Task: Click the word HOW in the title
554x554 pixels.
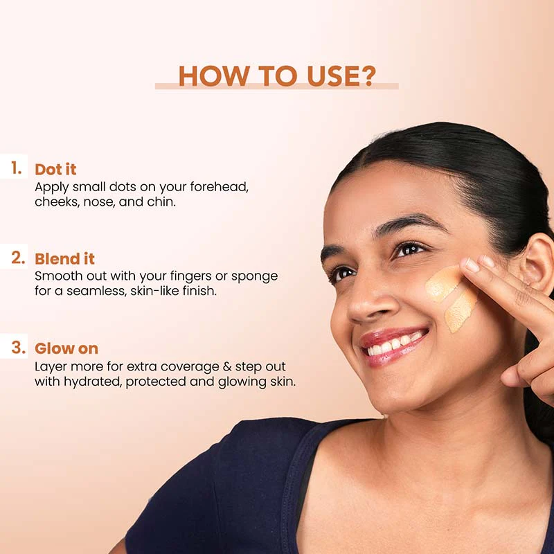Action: pos(213,76)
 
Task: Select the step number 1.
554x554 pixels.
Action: pos(16,168)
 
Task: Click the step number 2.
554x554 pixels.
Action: pos(18,258)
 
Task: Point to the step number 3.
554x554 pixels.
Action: pos(19,348)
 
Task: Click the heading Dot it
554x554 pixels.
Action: pos(55,169)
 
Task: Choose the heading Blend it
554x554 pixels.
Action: pos(64,259)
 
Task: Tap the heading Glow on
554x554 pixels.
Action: pos(66,349)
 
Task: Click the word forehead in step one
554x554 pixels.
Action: pos(219,186)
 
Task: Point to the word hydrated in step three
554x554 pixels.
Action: pos(93,382)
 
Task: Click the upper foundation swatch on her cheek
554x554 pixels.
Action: pos(443,283)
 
